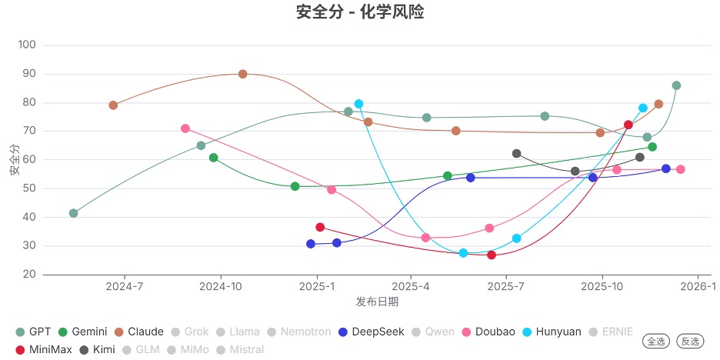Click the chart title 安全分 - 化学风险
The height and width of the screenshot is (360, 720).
click(360, 12)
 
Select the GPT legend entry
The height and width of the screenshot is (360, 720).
click(34, 332)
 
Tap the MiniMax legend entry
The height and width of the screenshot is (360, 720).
click(44, 349)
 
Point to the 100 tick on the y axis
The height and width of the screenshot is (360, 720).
click(27, 45)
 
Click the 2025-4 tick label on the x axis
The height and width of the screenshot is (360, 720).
click(411, 287)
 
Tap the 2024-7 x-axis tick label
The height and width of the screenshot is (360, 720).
click(125, 287)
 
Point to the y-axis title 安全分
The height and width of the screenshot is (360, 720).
click(15, 159)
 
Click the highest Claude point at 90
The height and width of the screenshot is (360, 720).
click(242, 74)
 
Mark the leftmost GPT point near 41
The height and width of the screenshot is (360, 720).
click(73, 213)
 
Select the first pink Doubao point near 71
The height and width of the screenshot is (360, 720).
click(185, 128)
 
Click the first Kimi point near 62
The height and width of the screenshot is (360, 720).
click(516, 154)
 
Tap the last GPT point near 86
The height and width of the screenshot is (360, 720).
click(676, 85)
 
